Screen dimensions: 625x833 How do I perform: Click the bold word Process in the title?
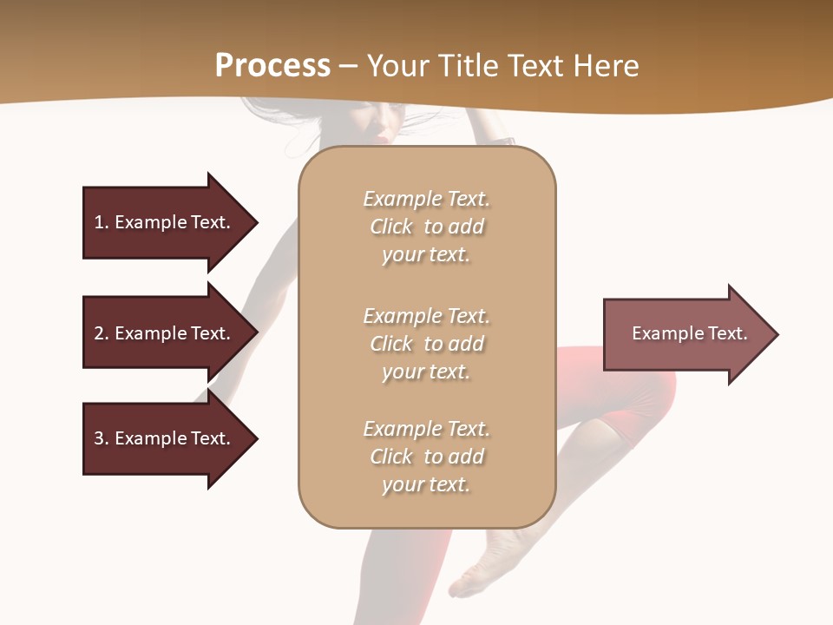coord(272,66)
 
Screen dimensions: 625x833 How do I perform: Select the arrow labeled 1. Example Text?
coord(165,222)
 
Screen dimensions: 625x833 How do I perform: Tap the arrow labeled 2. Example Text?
coord(165,333)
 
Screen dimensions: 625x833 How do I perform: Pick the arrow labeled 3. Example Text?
coord(165,438)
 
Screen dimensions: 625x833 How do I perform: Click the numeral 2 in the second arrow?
coord(99,333)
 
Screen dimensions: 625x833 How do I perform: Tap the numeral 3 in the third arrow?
coord(99,438)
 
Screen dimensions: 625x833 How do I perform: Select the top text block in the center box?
coord(426,227)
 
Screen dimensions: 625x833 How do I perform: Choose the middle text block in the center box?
coord(426,344)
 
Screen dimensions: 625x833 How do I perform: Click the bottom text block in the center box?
coord(426,457)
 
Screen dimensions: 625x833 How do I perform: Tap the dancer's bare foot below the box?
coord(482,564)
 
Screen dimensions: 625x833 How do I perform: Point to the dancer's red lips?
coord(382,137)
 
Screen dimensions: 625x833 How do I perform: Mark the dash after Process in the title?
coord(348,67)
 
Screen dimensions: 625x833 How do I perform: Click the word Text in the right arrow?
coord(727,333)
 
